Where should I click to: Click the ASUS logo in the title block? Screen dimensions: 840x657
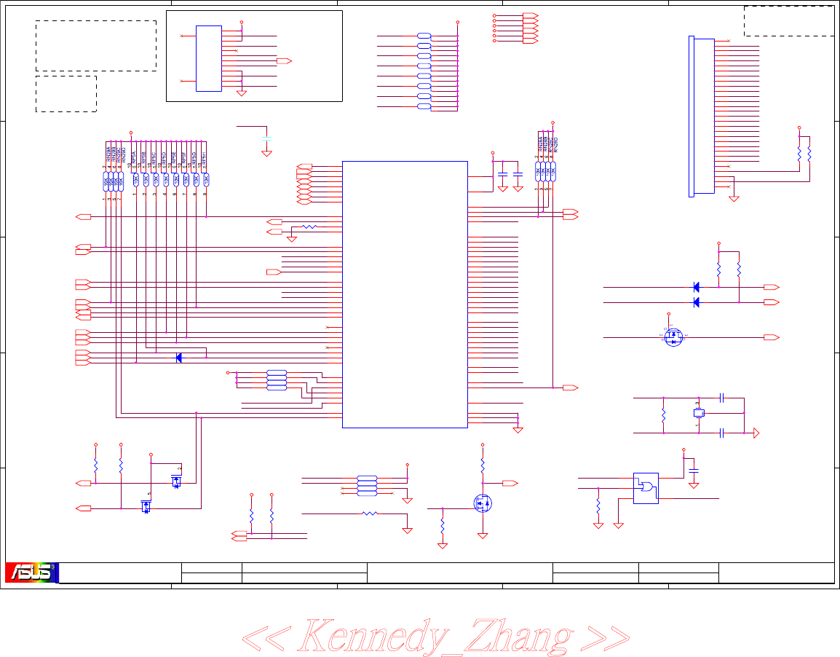[x=31, y=573]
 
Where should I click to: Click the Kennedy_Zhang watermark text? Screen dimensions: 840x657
[x=435, y=636]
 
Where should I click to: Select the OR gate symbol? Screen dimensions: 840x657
[x=645, y=487]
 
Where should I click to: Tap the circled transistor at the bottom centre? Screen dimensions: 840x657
[x=481, y=503]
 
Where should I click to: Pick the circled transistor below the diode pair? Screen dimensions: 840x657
[x=674, y=337]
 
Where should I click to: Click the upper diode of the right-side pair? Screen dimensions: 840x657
[x=696, y=286]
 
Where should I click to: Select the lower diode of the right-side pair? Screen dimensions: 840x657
[x=696, y=302]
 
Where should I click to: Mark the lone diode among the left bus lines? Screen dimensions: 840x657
[x=178, y=358]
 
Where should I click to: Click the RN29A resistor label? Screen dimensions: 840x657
[x=108, y=154]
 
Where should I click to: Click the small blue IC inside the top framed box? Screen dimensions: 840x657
[x=208, y=58]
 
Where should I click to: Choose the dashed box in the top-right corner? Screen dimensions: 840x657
[x=789, y=20]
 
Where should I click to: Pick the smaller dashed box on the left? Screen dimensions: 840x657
[x=66, y=93]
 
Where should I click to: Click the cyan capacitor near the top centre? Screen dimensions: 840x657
[x=266, y=138]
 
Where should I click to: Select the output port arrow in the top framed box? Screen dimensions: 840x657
[x=285, y=60]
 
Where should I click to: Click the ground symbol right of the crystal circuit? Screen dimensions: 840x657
[x=756, y=433]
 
